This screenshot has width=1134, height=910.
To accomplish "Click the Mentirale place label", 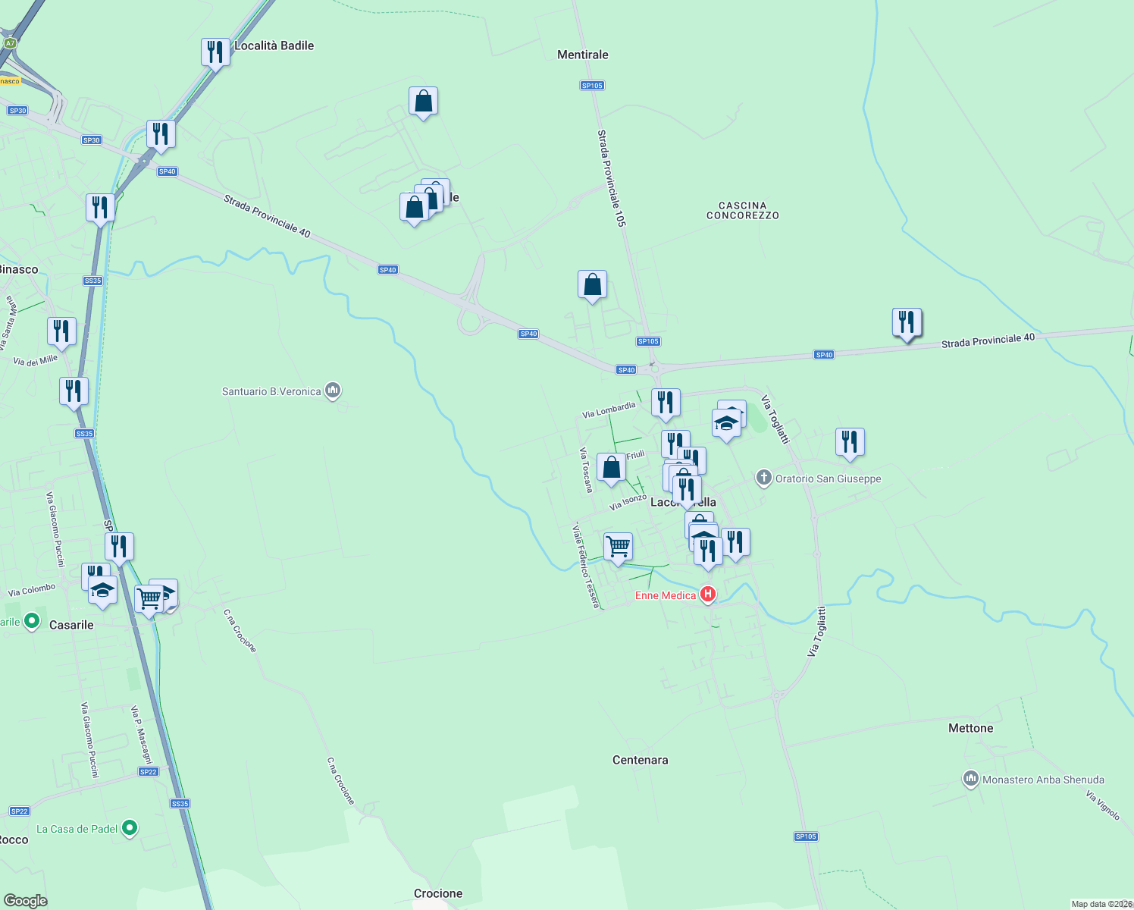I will click(582, 55).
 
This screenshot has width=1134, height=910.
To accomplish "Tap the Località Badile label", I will click(274, 45).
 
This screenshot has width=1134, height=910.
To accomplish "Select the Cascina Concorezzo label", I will click(742, 210).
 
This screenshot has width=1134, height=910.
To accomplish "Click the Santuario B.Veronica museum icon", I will click(332, 391).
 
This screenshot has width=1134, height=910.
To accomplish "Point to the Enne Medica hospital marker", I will click(708, 595).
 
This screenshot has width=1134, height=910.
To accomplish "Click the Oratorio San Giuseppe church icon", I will click(764, 479).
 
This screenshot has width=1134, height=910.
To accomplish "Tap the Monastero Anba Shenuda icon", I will click(970, 779).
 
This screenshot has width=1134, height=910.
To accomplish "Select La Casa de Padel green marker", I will click(130, 828).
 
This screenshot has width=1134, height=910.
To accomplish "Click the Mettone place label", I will click(970, 728).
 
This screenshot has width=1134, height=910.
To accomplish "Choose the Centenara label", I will click(640, 760).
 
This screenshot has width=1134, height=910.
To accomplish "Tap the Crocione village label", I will click(437, 893).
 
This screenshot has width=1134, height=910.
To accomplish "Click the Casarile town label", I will click(71, 625).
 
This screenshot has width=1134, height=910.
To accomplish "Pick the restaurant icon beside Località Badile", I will click(215, 52).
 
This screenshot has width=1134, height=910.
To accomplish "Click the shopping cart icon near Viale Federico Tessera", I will click(618, 546).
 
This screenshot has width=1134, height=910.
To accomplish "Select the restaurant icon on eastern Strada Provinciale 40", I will click(907, 322).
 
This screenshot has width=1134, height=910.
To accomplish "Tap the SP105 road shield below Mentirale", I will click(592, 86).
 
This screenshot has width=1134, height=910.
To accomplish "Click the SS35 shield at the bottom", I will click(180, 804).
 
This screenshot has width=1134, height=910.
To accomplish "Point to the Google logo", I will click(26, 900).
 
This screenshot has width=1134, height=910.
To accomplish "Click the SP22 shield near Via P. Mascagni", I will click(148, 772).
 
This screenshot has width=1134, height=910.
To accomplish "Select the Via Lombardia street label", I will click(609, 410).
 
